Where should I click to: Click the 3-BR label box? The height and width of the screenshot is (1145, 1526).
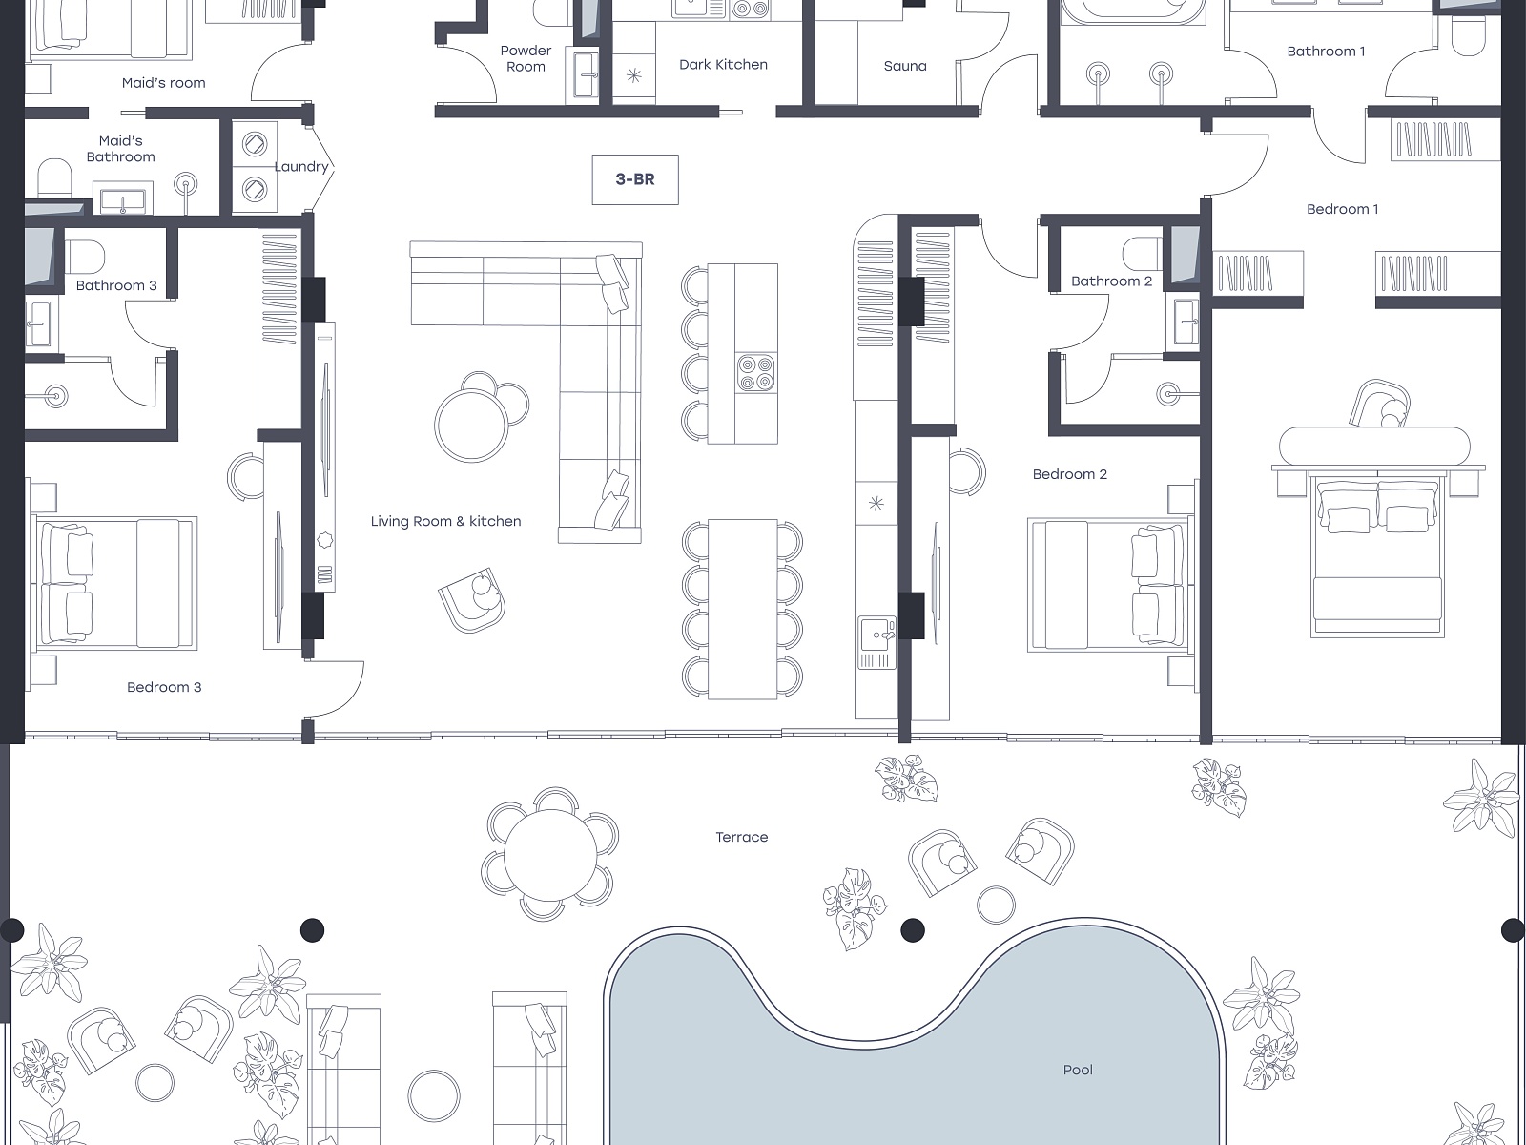[x=635, y=179]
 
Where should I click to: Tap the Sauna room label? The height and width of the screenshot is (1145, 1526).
[x=904, y=66]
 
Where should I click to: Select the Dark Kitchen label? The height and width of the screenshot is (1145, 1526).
[x=723, y=65]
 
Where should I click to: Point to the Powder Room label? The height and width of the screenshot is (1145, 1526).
[x=526, y=58]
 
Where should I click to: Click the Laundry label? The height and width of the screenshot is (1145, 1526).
[x=301, y=167]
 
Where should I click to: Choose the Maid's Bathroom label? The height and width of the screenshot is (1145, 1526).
[x=121, y=149]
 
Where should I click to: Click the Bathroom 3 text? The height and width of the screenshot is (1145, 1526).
[x=116, y=285]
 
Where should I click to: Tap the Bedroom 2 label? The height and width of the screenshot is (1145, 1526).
[x=1069, y=474]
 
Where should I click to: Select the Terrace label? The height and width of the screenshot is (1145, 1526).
[x=742, y=837]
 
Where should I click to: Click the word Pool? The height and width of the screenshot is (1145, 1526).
[x=1078, y=1070]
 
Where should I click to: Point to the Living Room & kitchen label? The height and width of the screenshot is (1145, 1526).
[x=445, y=521]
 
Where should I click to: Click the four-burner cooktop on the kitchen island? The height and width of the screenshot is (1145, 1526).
[x=756, y=373]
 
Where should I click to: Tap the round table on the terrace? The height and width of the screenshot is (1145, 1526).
[x=550, y=854]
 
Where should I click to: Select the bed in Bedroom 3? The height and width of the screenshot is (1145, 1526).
[x=116, y=583]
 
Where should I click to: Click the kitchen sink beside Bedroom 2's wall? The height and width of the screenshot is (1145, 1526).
[x=876, y=642]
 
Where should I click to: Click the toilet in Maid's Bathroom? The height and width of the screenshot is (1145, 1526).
[x=54, y=178]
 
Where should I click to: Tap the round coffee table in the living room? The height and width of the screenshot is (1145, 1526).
[x=472, y=425]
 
